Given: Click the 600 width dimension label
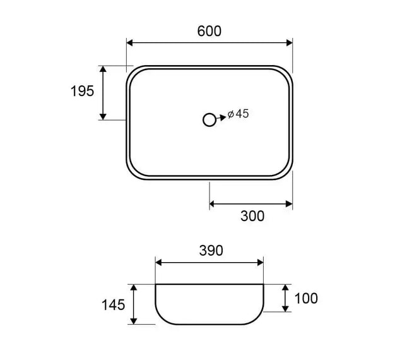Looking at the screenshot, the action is click(x=209, y=31).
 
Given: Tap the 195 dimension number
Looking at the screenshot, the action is click(x=82, y=91).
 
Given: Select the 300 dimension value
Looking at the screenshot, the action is click(x=252, y=216).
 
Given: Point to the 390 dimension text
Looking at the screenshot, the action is click(x=211, y=250).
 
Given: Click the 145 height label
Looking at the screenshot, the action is click(x=113, y=304).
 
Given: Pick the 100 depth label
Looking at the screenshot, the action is click(x=306, y=298).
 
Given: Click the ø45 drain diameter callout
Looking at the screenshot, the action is click(x=238, y=114).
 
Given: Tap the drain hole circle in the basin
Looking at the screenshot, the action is click(x=209, y=120).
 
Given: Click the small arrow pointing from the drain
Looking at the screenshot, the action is click(x=221, y=118).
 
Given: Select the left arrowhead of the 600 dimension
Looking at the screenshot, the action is click(x=129, y=43).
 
